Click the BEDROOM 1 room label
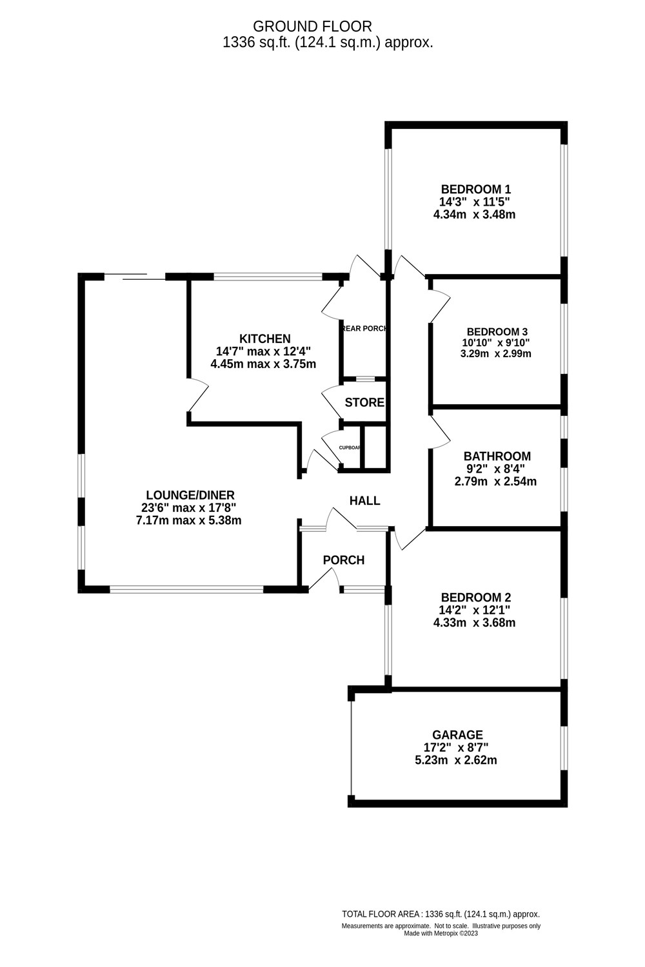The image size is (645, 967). point(475,190)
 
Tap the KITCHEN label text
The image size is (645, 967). point(264,339)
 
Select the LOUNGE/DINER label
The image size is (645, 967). point(188,495)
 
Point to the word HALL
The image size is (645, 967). point(364,501)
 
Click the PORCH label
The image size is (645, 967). point(343,560)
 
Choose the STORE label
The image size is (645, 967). point(364,403)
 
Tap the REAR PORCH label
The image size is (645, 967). point(364,328)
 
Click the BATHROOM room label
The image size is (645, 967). point(497,456)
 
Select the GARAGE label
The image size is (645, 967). point(457,735)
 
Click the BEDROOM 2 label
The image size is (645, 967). point(475,598)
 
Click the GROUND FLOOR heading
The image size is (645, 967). point(312,26)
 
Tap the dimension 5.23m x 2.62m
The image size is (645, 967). point(455,760)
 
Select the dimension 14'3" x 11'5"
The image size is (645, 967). point(475,202)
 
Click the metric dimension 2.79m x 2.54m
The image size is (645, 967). point(497,482)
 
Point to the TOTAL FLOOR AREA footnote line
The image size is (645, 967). point(441,914)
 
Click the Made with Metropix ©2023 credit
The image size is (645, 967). point(441,933)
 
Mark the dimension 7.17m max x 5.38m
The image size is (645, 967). point(188,520)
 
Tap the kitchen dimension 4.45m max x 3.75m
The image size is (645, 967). point(263,364)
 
